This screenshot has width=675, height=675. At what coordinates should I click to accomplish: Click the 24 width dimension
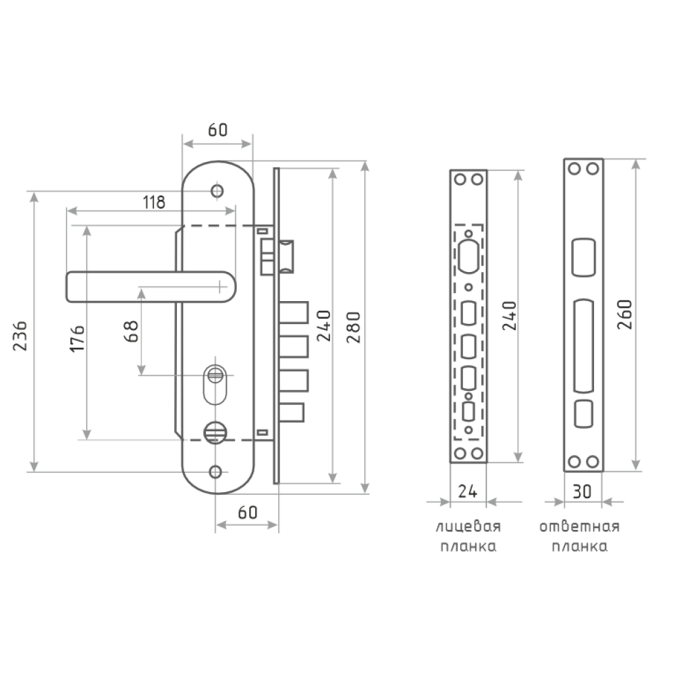point(468,491)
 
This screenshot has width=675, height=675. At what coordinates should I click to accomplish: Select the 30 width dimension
point(583,491)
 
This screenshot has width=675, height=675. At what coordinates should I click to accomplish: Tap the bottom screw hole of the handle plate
point(217,470)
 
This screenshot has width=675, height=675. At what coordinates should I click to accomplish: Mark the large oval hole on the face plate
point(468,254)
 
